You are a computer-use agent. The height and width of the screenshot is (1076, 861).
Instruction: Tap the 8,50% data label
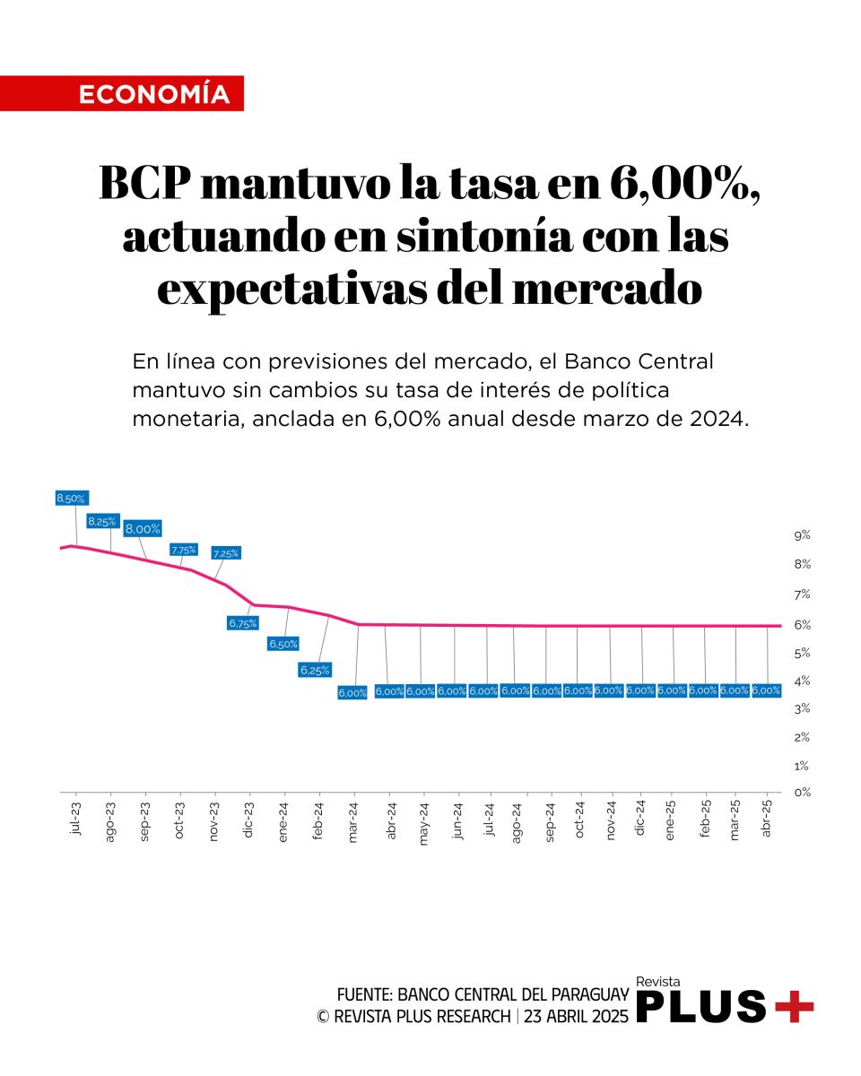(x=71, y=499)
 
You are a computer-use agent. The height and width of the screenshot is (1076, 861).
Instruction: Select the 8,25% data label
(x=101, y=521)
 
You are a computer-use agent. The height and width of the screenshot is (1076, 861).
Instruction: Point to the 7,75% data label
(x=184, y=550)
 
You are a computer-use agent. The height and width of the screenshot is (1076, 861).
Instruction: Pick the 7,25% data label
(x=225, y=553)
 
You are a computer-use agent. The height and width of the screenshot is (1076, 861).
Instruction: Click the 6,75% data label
(x=243, y=622)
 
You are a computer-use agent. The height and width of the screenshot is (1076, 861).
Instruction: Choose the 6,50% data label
(x=283, y=644)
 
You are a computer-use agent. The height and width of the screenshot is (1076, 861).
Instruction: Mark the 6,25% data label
(x=315, y=669)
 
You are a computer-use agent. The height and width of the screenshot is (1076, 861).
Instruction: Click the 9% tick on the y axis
(x=802, y=535)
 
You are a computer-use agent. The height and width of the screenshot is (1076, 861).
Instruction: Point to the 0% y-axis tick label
(x=802, y=793)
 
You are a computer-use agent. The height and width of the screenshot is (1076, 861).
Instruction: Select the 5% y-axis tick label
(x=802, y=652)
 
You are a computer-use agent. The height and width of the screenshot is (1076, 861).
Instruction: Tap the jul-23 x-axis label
(x=75, y=820)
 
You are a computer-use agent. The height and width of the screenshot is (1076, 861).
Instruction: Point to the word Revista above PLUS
(x=658, y=982)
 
